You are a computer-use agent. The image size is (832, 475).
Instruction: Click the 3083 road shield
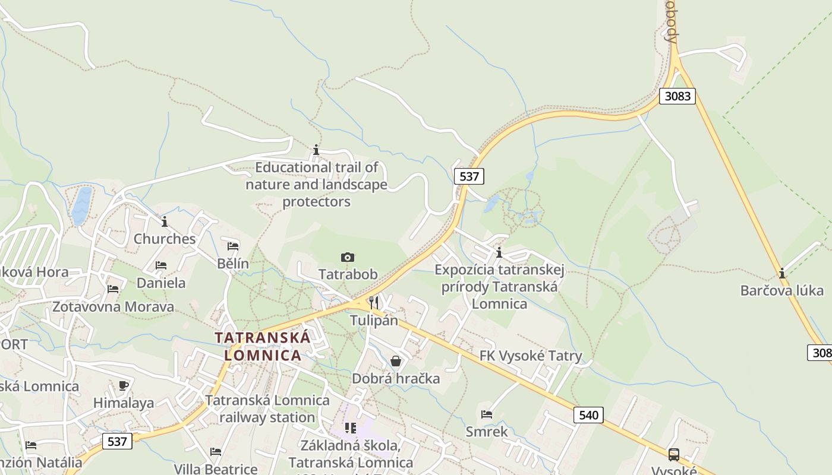click(x=677, y=96)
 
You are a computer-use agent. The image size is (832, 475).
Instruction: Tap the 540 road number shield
click(x=588, y=414)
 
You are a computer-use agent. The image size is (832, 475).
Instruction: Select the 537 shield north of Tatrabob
click(x=469, y=176)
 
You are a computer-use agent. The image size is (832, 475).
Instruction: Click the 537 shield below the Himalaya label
click(x=117, y=441)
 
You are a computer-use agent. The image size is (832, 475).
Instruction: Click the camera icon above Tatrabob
click(x=348, y=257)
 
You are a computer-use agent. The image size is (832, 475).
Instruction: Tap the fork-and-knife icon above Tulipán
click(x=373, y=303)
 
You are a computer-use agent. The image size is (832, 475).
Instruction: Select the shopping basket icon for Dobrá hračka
click(x=396, y=361)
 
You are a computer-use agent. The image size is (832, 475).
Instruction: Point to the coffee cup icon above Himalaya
click(x=124, y=385)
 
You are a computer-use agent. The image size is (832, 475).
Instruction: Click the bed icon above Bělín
click(x=233, y=246)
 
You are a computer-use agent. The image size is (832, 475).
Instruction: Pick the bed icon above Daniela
click(x=161, y=265)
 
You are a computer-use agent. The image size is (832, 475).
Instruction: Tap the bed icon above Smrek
click(x=487, y=414)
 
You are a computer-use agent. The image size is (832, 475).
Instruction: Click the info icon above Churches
click(x=165, y=221)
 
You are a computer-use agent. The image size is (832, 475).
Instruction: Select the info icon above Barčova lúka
click(x=782, y=273)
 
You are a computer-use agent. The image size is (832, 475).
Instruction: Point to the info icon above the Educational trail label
click(x=316, y=150)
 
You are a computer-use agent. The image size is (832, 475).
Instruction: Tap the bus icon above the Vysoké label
click(x=673, y=454)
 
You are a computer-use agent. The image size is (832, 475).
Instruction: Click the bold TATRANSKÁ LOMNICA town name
click(x=262, y=346)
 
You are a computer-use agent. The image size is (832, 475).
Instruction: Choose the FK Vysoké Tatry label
click(x=531, y=356)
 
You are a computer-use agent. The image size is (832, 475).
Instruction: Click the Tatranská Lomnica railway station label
click(x=267, y=408)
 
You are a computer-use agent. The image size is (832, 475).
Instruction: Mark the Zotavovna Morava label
click(x=113, y=307)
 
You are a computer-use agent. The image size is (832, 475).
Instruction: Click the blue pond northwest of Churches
click(x=81, y=205)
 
